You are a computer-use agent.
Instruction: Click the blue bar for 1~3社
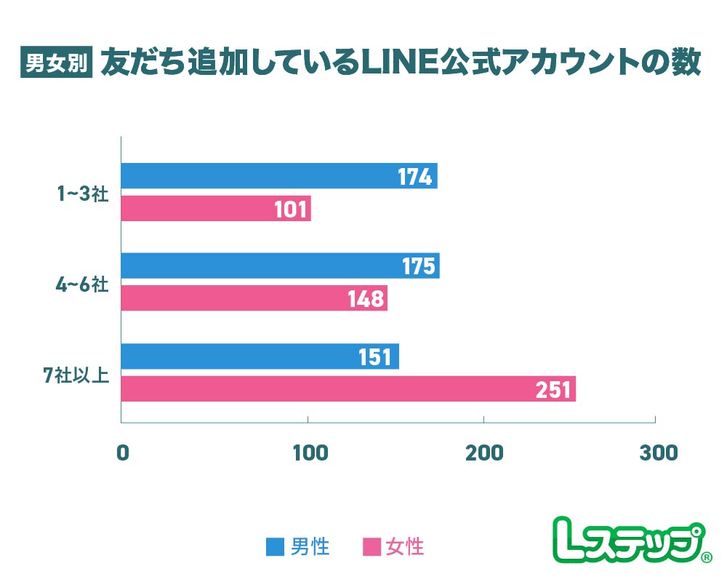click(278, 176)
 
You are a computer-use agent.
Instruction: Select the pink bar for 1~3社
click(215, 209)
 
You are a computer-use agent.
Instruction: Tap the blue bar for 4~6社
click(280, 266)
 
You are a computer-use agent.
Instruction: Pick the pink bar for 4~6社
click(254, 298)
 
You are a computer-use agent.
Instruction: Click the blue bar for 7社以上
click(260, 356)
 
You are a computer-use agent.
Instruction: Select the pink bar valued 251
click(348, 389)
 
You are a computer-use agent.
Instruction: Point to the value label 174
click(415, 177)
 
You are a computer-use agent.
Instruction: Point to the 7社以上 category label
click(76, 375)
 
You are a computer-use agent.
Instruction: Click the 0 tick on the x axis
click(122, 453)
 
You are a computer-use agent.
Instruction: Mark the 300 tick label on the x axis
click(658, 453)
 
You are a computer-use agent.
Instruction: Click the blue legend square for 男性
click(276, 546)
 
